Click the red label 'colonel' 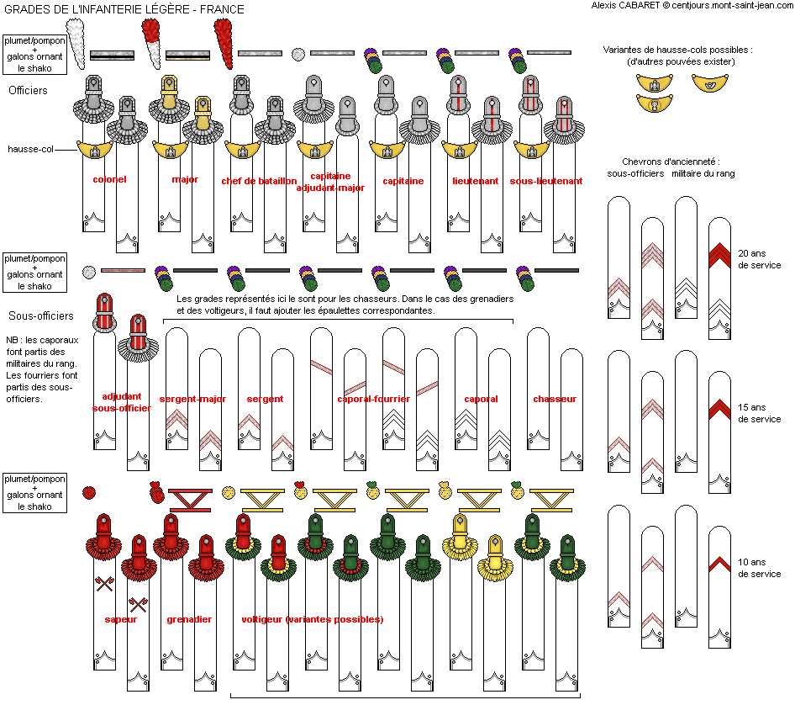point(109,179)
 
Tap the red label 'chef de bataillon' point(259,181)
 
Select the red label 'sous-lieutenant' point(546,181)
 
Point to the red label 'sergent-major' point(192,399)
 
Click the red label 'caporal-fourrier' point(374,399)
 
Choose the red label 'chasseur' point(555,399)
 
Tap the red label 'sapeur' point(121,619)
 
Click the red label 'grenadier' point(189,619)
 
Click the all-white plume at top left point(76,44)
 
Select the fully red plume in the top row point(223,44)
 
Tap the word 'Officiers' point(28,90)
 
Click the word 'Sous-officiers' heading point(41,315)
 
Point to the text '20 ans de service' point(760,259)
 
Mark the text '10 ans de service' point(760,568)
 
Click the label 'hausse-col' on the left point(30,149)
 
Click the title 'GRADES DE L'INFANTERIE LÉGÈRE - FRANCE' point(124,9)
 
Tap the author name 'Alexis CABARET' point(625,5)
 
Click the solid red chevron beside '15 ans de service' point(719,409)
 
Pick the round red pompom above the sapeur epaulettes point(89,492)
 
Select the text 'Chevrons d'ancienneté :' point(671,162)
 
